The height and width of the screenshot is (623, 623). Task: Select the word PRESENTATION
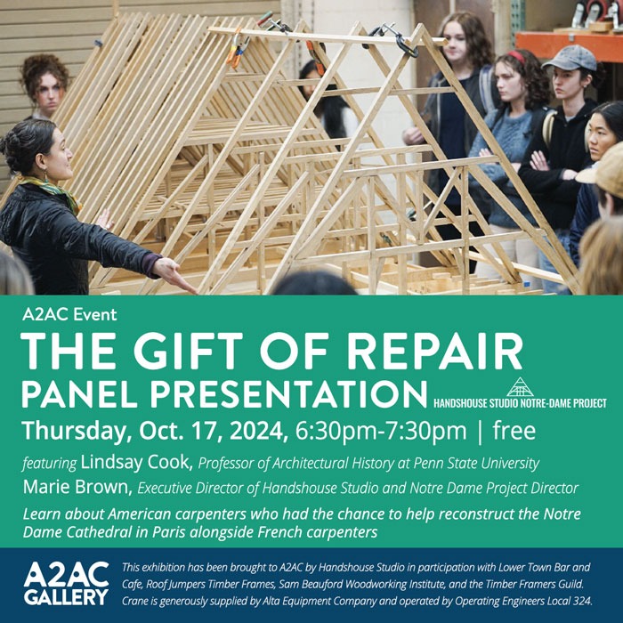(x=288, y=393)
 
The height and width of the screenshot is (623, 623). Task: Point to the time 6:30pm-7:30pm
(x=381, y=431)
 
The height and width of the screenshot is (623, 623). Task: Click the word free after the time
(x=514, y=430)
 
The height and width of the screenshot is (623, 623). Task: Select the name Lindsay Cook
(x=137, y=462)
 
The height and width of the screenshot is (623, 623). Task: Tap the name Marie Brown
(x=77, y=487)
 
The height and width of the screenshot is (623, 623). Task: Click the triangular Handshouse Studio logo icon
(x=520, y=387)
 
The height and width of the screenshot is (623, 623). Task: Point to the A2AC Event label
(x=69, y=314)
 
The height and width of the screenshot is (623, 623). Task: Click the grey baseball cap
(x=570, y=59)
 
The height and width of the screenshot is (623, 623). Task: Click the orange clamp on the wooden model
(x=238, y=48)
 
